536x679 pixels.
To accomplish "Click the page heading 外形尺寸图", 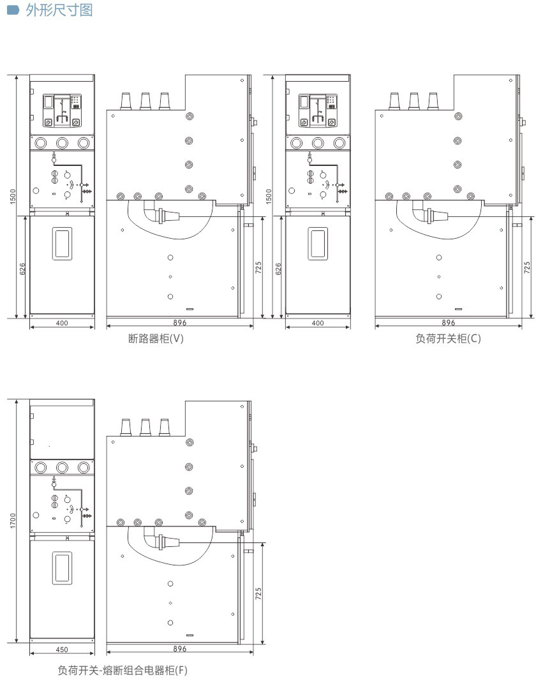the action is click(x=59, y=10).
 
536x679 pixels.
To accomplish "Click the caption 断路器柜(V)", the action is click(x=156, y=338).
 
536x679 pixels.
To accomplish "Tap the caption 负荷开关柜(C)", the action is click(x=448, y=338).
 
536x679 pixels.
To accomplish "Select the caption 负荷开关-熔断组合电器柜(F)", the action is click(x=123, y=670).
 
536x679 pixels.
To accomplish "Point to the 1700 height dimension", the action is click(x=13, y=521).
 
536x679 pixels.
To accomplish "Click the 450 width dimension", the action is click(x=62, y=650).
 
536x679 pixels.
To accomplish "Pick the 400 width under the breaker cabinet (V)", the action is click(x=62, y=323).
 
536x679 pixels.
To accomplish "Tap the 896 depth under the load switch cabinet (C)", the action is click(x=449, y=323).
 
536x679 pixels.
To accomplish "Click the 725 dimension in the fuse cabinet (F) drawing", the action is click(x=258, y=593).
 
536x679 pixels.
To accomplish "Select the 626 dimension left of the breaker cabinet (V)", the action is click(x=22, y=269).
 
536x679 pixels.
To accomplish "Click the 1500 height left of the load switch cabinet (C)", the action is click(x=269, y=196).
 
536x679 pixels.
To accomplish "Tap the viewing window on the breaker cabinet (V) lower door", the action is click(x=62, y=244).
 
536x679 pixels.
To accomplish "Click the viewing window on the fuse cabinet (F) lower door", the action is click(x=62, y=568).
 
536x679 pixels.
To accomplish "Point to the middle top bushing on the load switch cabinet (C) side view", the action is click(x=414, y=101).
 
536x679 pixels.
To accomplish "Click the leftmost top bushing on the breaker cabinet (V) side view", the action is click(x=126, y=101).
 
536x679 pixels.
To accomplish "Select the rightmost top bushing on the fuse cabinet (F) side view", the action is click(x=164, y=427).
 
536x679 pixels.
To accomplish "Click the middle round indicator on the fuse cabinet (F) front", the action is click(x=62, y=467).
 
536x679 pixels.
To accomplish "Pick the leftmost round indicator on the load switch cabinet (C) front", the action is click(x=297, y=142).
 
